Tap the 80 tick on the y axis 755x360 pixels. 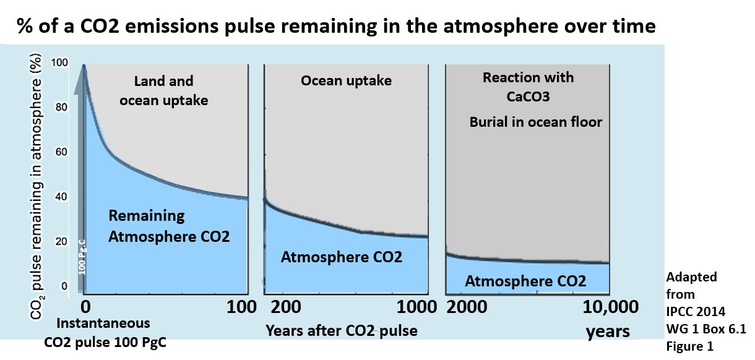(63, 108)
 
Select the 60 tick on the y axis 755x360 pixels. (63, 152)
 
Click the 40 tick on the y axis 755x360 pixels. (63, 197)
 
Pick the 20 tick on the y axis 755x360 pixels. (63, 242)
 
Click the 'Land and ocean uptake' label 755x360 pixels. (164, 90)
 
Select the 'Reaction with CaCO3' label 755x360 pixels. (528, 87)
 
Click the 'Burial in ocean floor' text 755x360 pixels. (535, 122)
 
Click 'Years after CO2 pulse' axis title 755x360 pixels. (342, 331)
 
